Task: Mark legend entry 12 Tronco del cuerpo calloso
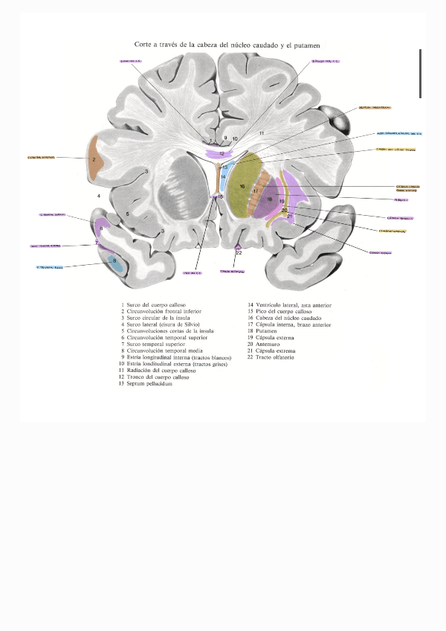click(x=161, y=377)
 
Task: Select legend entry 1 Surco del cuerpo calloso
click(x=158, y=305)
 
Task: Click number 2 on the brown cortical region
click(x=94, y=160)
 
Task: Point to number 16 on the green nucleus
click(x=242, y=186)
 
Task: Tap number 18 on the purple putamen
click(x=270, y=199)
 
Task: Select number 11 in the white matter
click(x=261, y=132)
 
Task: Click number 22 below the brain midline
click(x=239, y=253)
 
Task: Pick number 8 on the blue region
click(x=114, y=260)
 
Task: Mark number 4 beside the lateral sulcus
click(x=97, y=195)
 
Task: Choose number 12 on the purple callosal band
click(x=222, y=153)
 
